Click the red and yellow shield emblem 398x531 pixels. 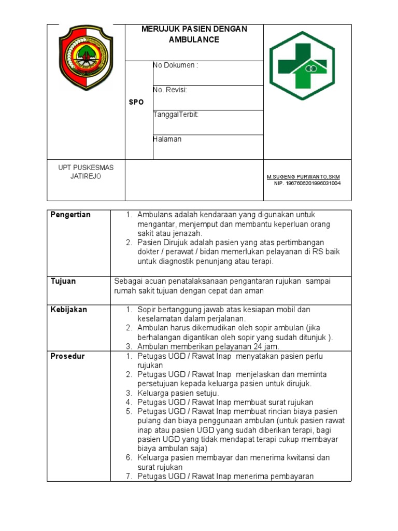click(x=86, y=58)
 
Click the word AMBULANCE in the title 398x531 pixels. click(x=194, y=39)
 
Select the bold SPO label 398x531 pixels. click(x=136, y=102)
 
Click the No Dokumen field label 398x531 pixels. click(x=175, y=65)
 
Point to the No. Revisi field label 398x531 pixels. click(x=170, y=90)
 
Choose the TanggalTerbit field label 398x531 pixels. click(x=176, y=115)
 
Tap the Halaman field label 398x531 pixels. click(x=167, y=139)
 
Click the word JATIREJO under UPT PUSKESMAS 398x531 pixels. click(x=86, y=176)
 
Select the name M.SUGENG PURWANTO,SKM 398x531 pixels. click(x=304, y=177)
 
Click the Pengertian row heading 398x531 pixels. click(x=70, y=215)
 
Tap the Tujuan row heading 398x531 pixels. click(x=63, y=281)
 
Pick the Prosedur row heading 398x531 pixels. click(x=67, y=356)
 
